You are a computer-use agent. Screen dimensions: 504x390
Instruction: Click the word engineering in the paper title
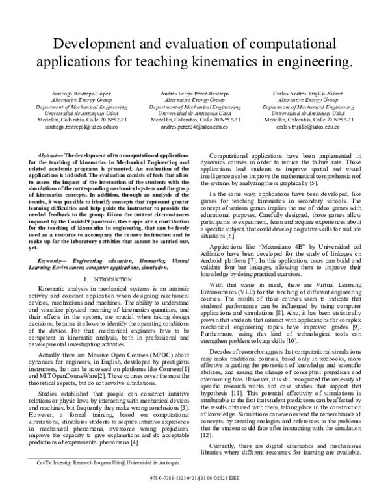coord(310,62)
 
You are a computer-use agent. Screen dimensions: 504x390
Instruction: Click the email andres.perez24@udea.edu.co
coord(195,127)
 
